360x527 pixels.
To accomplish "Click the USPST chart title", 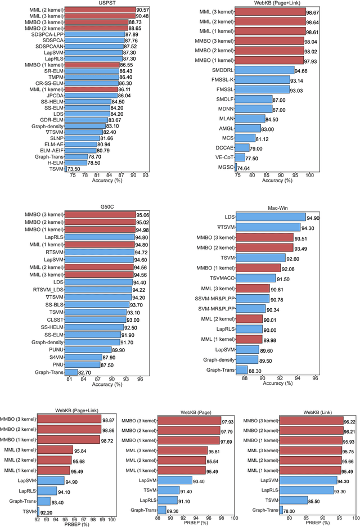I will pyautogui.click(x=107, y=3).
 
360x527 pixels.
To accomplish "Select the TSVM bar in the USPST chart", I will pyautogui.click(x=66, y=168).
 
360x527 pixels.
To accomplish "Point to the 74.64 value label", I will pyautogui.click(x=244, y=167).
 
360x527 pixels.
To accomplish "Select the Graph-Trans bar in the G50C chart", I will pyautogui.click(x=71, y=372).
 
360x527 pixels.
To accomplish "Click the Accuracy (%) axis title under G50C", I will pyautogui.click(x=107, y=384).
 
